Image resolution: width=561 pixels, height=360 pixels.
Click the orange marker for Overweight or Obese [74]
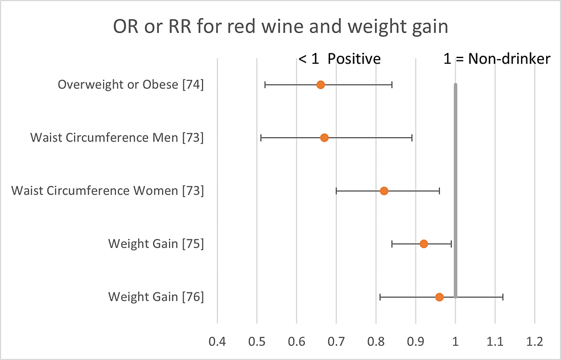point(320,85)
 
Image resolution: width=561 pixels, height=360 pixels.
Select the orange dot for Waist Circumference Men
point(324,138)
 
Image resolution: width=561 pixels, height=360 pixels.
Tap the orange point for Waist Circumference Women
point(384,191)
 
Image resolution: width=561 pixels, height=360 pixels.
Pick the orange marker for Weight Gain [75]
point(424,243)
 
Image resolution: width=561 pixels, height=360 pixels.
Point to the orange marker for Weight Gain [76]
point(439,297)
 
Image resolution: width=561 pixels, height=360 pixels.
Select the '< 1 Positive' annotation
point(340,59)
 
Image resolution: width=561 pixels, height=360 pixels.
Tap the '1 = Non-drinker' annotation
point(497,59)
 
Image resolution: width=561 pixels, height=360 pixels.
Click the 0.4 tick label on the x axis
point(217,342)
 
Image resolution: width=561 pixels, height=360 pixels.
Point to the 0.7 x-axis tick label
point(336,342)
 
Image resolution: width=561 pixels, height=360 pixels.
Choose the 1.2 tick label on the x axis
point(534,342)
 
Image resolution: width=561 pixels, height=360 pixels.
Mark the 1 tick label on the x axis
point(455,342)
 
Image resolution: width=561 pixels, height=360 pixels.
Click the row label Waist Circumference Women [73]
point(108,191)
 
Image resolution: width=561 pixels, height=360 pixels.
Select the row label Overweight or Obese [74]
point(131,85)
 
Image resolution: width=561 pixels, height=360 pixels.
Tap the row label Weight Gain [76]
point(156,297)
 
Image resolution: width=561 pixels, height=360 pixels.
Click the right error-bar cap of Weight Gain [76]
point(503,297)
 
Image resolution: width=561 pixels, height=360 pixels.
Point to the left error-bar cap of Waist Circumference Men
point(261,138)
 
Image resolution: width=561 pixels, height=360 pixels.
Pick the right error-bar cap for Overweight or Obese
point(392,85)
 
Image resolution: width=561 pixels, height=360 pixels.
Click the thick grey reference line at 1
point(455,171)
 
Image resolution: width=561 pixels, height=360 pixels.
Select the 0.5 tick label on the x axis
point(257,342)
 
